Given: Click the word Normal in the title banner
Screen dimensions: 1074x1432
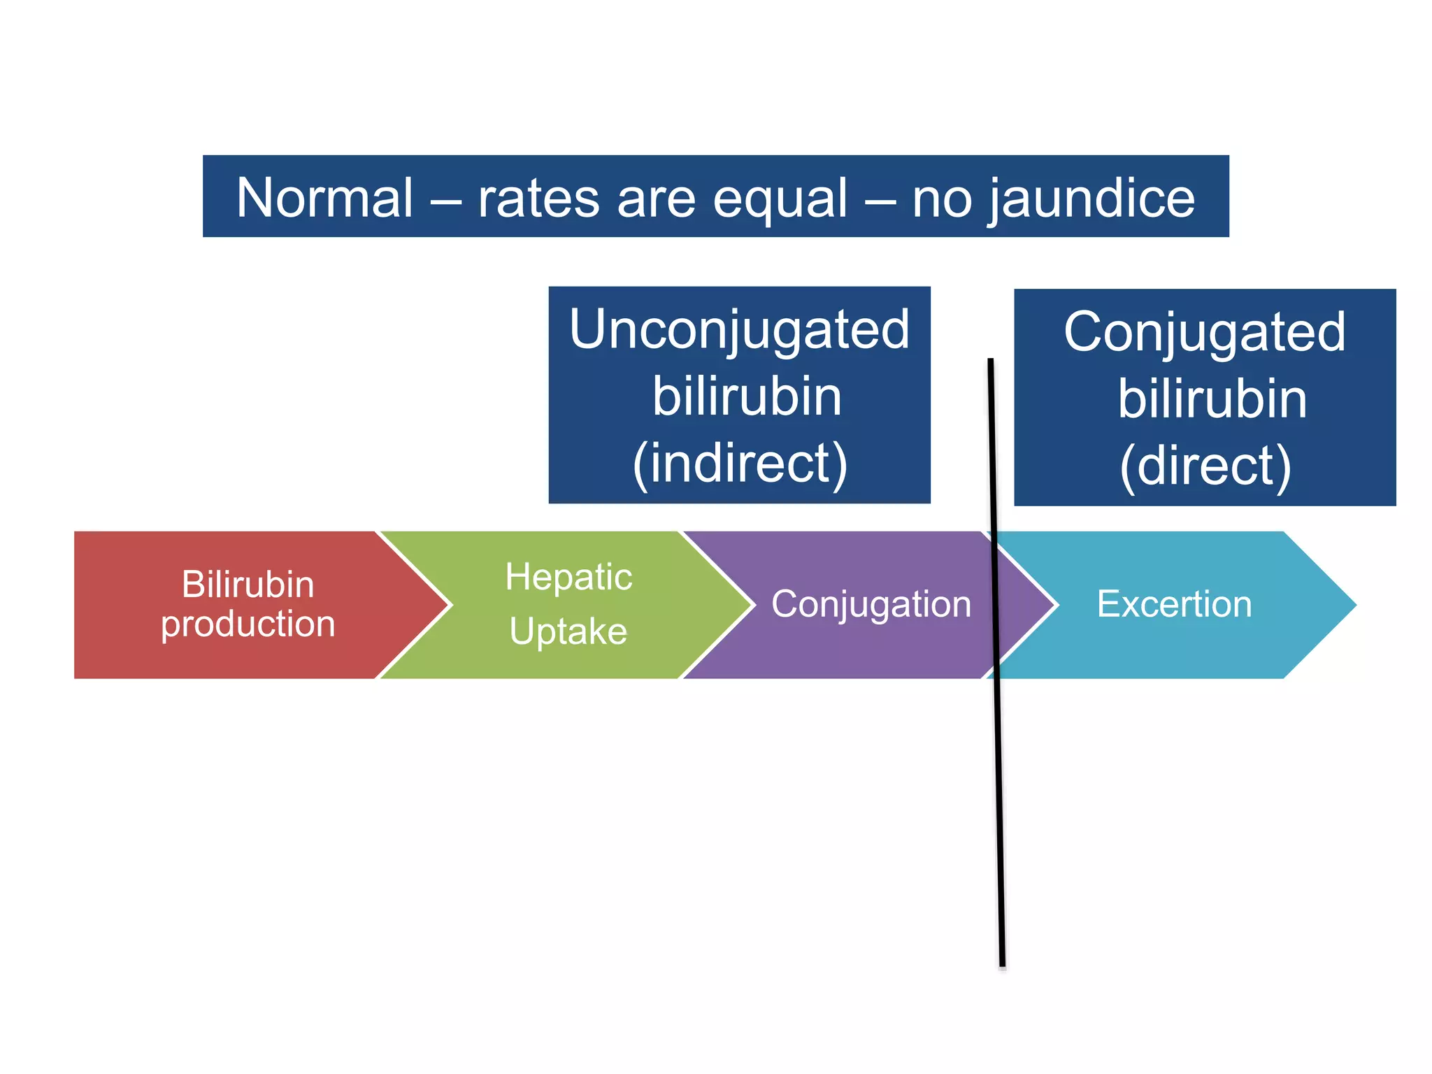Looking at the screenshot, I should pos(324,198).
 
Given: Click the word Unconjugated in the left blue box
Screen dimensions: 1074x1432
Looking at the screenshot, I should pos(739,329).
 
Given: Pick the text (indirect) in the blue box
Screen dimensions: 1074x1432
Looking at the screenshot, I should pos(739,464).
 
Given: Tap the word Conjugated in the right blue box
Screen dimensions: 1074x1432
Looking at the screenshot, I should pos(1204,332).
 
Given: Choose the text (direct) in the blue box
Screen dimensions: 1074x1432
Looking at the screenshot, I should pos(1205,466).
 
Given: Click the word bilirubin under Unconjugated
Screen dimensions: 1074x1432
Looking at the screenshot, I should pos(746,396).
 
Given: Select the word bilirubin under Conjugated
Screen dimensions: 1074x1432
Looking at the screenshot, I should pos(1212,399).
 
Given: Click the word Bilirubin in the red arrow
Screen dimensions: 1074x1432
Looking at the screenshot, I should pos(248,584).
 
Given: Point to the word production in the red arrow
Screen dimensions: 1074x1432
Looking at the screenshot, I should pos(248,623).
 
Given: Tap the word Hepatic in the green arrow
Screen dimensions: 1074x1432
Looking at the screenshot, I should pos(568,578).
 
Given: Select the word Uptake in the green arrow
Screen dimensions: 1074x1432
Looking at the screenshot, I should pos(568,631).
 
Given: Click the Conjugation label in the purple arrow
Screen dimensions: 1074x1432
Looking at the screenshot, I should pos(871,604).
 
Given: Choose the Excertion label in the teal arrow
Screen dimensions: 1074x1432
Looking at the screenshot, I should pos(1174,604).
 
